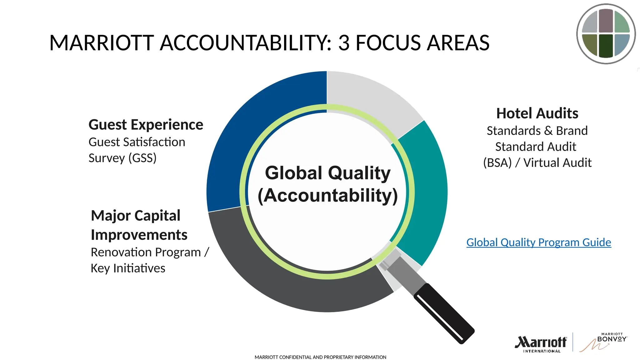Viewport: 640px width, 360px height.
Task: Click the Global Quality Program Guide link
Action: tap(538, 242)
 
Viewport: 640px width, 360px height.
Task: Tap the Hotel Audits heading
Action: tap(537, 113)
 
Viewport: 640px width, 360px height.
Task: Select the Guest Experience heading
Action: tap(146, 125)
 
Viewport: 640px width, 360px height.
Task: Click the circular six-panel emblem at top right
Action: tap(606, 34)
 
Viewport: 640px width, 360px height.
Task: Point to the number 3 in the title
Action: tap(344, 43)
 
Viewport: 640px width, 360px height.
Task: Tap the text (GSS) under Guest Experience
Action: tap(142, 158)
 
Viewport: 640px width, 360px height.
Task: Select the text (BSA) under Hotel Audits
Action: tap(497, 163)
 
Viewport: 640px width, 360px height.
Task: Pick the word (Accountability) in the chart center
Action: tap(327, 196)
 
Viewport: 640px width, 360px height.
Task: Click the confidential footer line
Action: tap(320, 357)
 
